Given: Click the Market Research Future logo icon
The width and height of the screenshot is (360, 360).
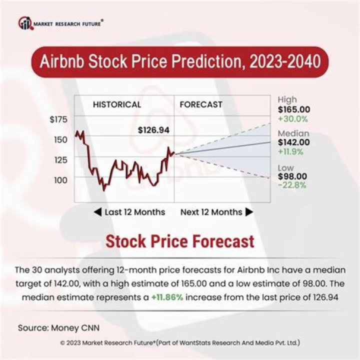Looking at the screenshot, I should (24, 22).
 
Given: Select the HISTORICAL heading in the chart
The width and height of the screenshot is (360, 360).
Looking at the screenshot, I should (117, 104).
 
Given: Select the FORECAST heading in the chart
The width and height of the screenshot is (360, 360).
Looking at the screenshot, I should (200, 104).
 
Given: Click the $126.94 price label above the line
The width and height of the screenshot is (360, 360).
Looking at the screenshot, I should (153, 130).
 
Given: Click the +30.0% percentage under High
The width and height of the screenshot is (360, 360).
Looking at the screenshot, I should (293, 118).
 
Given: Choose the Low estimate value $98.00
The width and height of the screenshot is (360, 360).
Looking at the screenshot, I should (292, 176).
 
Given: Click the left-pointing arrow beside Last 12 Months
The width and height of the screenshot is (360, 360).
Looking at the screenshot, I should (98, 212).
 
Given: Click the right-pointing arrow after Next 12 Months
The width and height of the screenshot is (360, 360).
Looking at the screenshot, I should (249, 212).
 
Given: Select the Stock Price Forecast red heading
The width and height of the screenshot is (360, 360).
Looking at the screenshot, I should (179, 242).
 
